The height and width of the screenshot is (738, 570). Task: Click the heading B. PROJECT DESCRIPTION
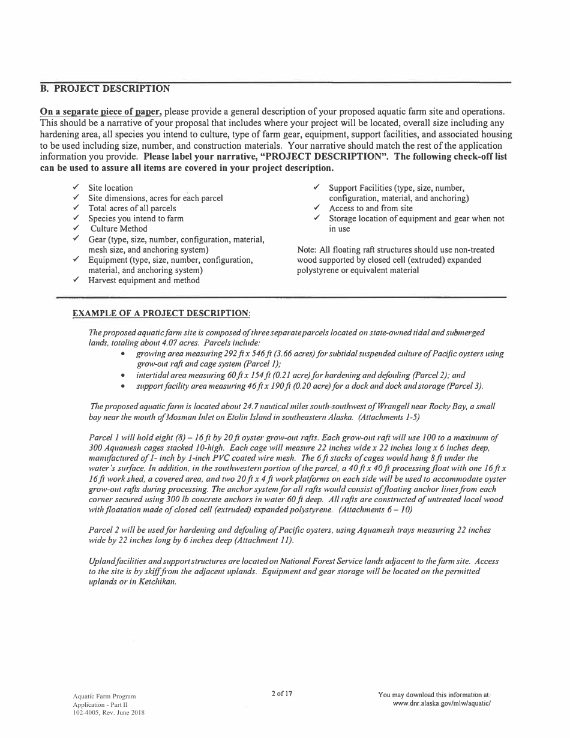pos(105,89)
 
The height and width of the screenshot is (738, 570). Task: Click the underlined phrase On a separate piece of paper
pos(101,112)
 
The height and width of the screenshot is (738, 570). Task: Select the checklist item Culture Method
pos(119,229)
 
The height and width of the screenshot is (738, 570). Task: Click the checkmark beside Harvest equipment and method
pos(76,280)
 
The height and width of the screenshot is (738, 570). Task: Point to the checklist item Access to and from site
pos(371,208)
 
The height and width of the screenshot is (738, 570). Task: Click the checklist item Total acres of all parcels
pos(132,208)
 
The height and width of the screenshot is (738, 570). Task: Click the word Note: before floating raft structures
pos(308,250)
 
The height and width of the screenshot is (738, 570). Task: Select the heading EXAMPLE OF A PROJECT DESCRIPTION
pos(161,313)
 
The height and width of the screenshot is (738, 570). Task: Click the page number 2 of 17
pos(282,694)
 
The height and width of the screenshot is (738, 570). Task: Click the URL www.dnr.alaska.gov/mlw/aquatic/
pos(442,703)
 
